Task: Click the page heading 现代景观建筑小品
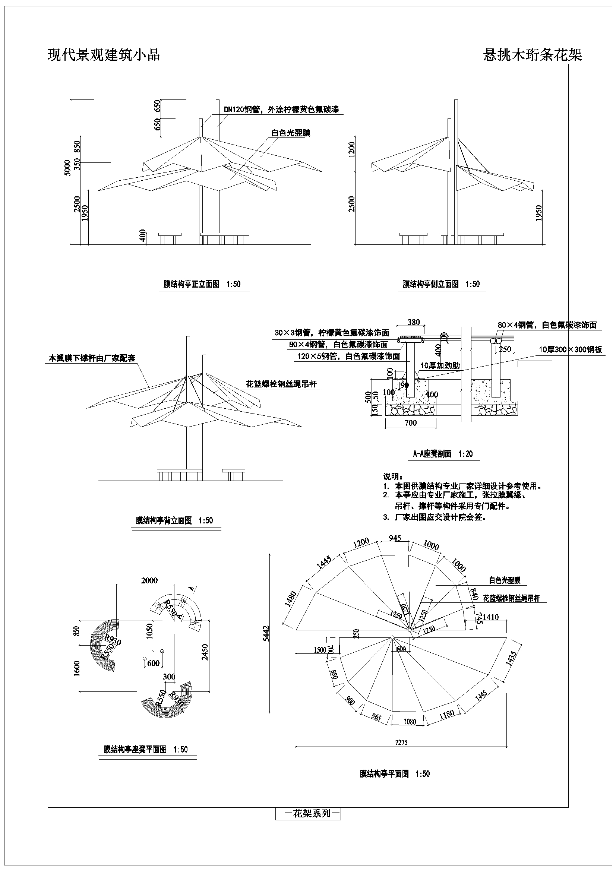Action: pos(104,55)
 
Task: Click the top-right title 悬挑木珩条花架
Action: pos(532,55)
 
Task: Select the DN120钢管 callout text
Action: pos(281,110)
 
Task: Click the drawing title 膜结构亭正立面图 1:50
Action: pos(202,284)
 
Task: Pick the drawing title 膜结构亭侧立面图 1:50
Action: pos(441,284)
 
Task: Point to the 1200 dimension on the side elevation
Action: pos(351,149)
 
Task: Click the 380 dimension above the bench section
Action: pos(413,322)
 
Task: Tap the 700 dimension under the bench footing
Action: pos(411,422)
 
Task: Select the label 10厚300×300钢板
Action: pos(571,349)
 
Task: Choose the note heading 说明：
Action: pos(393,476)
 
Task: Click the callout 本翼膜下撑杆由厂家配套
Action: pos(92,358)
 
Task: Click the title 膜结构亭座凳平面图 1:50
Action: pos(146,750)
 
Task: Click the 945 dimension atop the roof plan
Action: pos(395,538)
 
